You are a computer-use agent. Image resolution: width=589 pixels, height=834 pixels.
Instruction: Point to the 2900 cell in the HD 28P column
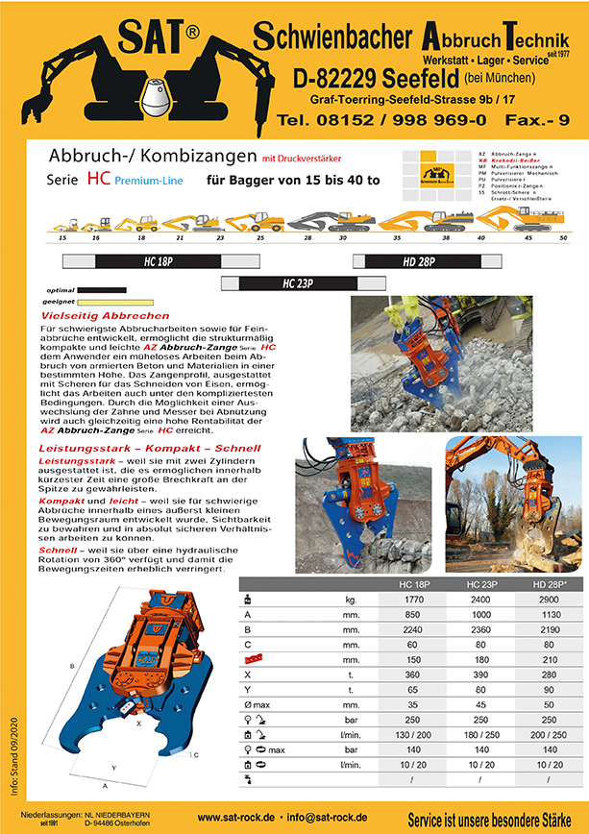[x=547, y=599]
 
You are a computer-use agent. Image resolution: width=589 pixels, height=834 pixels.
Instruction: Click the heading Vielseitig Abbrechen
[x=106, y=316]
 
